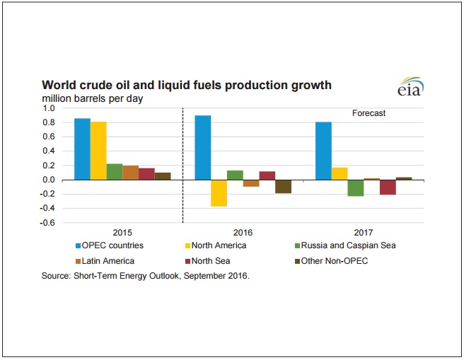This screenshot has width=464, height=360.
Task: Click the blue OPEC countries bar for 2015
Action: tap(82, 149)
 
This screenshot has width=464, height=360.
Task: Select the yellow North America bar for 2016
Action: tap(219, 193)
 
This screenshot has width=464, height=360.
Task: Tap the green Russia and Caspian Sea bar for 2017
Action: tap(355, 187)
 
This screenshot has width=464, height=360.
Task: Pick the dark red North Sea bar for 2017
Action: tap(388, 187)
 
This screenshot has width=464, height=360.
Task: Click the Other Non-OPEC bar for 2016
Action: tap(283, 186)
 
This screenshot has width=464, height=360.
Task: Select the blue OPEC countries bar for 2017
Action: tap(323, 151)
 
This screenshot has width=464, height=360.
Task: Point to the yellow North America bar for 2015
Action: tap(98, 151)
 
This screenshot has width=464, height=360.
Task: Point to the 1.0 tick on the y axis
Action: tap(48, 108)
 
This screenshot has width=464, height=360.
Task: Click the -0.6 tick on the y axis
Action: tap(47, 223)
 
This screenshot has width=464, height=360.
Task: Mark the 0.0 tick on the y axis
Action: tap(48, 180)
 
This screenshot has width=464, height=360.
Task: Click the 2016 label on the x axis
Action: tap(243, 232)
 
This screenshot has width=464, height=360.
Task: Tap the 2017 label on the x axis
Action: tap(364, 232)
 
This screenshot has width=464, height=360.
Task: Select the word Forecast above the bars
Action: tap(369, 113)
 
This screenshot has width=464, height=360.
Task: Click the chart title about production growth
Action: tap(187, 86)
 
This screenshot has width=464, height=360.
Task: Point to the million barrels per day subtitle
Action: tap(93, 98)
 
